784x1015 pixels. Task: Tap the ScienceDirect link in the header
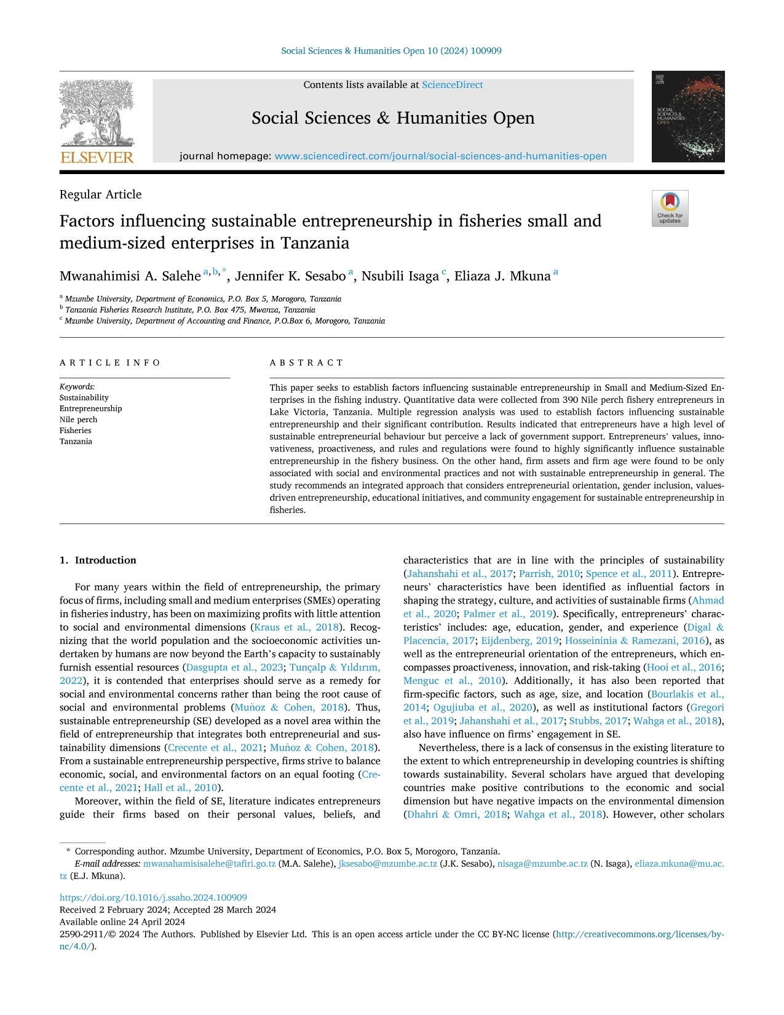[452, 85]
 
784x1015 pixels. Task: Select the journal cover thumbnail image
[687, 116]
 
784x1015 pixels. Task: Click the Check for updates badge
[670, 209]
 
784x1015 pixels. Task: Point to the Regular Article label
[100, 194]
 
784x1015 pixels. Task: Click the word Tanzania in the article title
[315, 243]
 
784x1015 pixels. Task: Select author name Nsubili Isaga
[400, 276]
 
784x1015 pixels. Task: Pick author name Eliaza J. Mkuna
[502, 276]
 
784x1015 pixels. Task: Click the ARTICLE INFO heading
[110, 363]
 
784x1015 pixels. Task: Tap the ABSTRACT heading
[306, 363]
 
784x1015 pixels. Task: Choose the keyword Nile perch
[78, 420]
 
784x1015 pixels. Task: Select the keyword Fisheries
[75, 431]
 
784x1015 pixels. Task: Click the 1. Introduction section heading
[98, 560]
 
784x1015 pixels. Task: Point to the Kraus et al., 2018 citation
[296, 627]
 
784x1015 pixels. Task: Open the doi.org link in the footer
[153, 898]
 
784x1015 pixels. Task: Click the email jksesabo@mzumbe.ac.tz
[388, 864]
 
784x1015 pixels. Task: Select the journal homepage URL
[440, 156]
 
